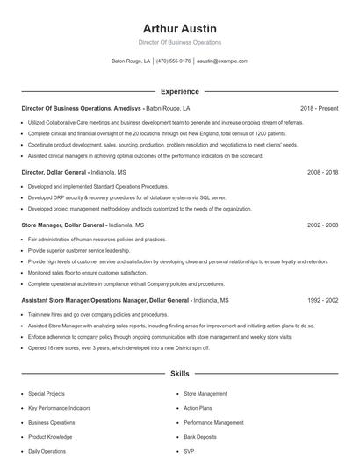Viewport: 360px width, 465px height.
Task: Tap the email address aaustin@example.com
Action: [222, 61]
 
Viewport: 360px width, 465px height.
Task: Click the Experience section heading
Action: [179, 91]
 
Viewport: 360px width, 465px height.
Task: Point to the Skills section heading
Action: [179, 374]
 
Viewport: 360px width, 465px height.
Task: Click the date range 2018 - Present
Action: [319, 108]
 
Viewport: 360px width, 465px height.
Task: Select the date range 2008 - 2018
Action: [322, 173]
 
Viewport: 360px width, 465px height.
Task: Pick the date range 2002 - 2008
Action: [322, 225]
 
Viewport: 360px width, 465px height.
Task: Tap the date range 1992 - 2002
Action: [322, 300]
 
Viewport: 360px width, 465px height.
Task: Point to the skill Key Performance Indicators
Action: [58, 408]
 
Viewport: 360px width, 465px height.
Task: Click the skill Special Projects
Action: [46, 394]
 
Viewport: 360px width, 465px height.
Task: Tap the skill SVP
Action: [189, 450]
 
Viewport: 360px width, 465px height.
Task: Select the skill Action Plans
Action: [198, 408]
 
